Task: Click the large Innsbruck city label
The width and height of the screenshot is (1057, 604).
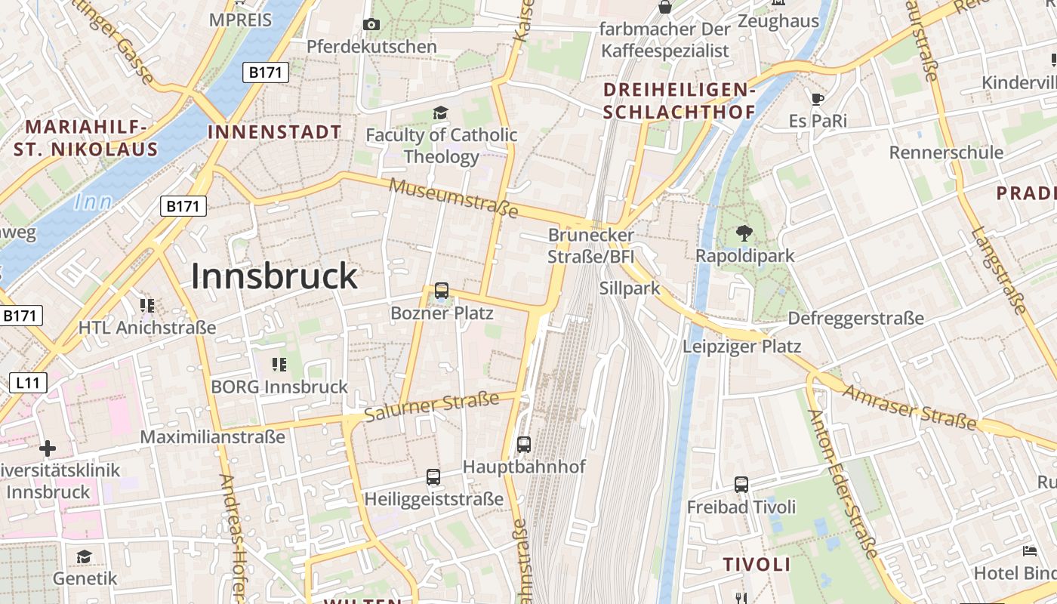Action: coord(273,276)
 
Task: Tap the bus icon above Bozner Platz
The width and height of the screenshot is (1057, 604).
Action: coord(442,290)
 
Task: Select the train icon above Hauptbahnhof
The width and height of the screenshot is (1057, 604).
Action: coord(524,444)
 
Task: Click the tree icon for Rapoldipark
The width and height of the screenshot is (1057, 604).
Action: coord(744,233)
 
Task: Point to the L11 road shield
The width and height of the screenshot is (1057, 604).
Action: coord(28,382)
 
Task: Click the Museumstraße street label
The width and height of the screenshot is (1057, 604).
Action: coord(454,198)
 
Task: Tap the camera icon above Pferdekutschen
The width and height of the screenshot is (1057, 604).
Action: coord(371,24)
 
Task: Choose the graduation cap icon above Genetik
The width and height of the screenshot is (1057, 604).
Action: coord(85,557)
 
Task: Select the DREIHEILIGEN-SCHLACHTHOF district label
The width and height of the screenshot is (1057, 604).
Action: coord(679,101)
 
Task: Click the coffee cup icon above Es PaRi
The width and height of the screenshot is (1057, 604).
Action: coord(817,98)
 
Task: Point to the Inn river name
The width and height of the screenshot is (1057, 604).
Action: coord(94,202)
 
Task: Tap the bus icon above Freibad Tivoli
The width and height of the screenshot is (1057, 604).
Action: coord(741,484)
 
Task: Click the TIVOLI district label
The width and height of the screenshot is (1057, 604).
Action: coord(757,565)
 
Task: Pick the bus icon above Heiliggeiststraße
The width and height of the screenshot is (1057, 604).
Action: coord(433,476)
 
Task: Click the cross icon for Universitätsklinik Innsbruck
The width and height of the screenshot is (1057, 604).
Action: coord(48,448)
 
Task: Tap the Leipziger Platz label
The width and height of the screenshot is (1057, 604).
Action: coord(741,347)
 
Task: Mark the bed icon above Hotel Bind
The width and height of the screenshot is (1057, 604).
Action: coord(1029,550)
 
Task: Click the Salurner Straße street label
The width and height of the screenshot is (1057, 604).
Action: coord(432,407)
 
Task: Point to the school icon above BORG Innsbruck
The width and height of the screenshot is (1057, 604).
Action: coord(279,365)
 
